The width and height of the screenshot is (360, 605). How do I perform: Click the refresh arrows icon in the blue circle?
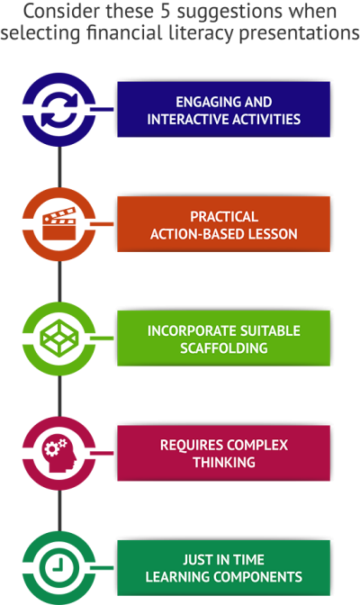pyautogui.click(x=59, y=110)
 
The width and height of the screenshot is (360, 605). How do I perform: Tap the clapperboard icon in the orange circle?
pyautogui.click(x=59, y=224)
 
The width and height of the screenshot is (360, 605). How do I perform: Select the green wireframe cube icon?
pyautogui.click(x=59, y=338)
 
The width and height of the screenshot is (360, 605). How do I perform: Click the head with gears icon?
pyautogui.click(x=59, y=454)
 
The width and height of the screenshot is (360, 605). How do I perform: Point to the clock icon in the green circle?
pyautogui.click(x=59, y=568)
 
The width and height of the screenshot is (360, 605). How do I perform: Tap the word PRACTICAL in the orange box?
pyautogui.click(x=224, y=216)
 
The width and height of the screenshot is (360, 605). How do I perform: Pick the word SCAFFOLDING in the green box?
pyautogui.click(x=224, y=348)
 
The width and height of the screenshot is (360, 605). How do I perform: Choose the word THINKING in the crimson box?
pyautogui.click(x=224, y=462)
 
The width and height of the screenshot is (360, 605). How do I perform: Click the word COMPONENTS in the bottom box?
pyautogui.click(x=258, y=577)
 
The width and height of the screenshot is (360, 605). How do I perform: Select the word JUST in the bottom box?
pyautogui.click(x=197, y=559)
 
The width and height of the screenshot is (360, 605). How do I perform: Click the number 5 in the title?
pyautogui.click(x=165, y=11)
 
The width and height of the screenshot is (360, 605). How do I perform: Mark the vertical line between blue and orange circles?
pyautogui.click(x=59, y=167)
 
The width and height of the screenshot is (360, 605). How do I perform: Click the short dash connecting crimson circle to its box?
pyautogui.click(x=102, y=453)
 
